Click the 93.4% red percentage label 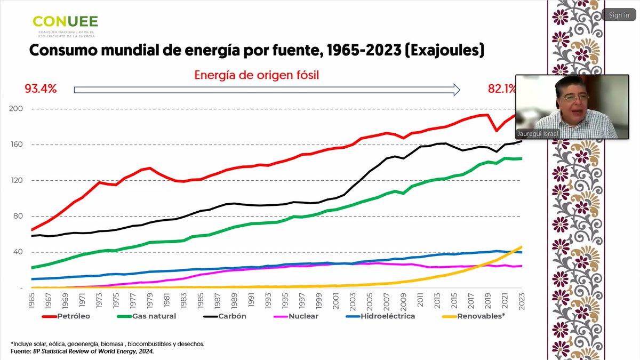(41, 89)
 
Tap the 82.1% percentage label (501, 89)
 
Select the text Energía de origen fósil (256, 75)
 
